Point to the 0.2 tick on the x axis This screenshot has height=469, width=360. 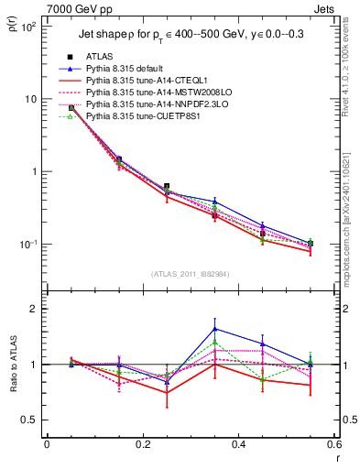142,444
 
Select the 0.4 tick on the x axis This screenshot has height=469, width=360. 238,444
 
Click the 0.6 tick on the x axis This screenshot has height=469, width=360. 333,444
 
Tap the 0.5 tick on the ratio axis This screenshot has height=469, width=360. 32,420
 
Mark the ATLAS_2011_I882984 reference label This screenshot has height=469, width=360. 190,274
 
